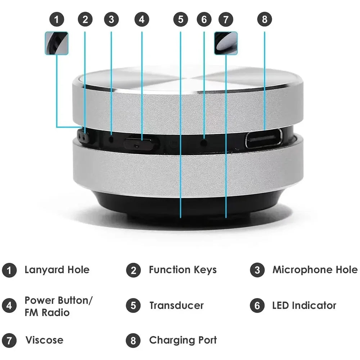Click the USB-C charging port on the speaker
(264, 139)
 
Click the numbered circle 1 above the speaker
(57, 19)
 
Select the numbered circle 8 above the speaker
(265, 19)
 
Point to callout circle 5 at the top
(180, 19)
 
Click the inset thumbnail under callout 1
(57, 43)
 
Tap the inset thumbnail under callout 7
(226, 43)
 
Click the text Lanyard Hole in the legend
(57, 270)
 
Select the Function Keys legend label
(183, 270)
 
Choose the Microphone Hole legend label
(315, 270)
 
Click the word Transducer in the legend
(176, 306)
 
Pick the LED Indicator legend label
(304, 306)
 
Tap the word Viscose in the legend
(44, 340)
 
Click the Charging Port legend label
(183, 340)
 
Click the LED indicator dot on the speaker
(204, 143)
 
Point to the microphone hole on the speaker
(111, 139)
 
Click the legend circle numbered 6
(257, 306)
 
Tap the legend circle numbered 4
(9, 306)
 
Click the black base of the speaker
(187, 205)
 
